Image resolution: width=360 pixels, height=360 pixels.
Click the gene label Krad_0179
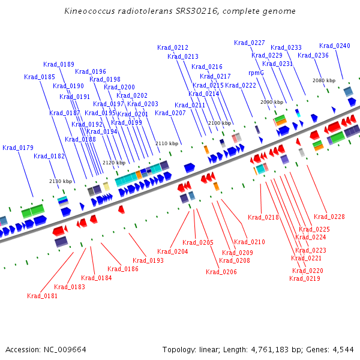point(18,148)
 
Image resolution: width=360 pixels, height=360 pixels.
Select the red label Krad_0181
point(42,296)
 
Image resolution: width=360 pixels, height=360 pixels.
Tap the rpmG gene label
point(256,73)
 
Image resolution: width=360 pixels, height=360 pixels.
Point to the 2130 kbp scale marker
point(61,181)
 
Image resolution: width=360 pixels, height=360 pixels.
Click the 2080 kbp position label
point(324,80)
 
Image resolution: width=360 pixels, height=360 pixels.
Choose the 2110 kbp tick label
point(167,143)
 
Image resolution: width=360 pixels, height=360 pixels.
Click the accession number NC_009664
point(65,350)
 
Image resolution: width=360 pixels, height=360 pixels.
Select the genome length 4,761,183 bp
point(276,350)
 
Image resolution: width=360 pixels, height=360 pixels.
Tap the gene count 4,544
point(343,350)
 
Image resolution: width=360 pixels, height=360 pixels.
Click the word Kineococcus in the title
point(89,11)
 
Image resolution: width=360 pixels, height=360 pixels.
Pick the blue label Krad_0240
point(335,46)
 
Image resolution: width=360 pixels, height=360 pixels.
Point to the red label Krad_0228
point(329,217)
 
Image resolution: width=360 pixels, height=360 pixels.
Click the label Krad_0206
point(221,272)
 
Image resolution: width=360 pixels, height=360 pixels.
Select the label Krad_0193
point(148,260)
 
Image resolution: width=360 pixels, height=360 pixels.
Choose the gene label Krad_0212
point(173,47)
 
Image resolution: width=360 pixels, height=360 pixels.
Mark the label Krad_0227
point(250,43)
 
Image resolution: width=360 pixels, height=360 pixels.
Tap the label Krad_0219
point(305,278)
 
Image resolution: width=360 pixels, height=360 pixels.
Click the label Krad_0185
point(40,77)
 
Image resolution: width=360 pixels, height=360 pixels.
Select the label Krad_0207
point(170,113)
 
